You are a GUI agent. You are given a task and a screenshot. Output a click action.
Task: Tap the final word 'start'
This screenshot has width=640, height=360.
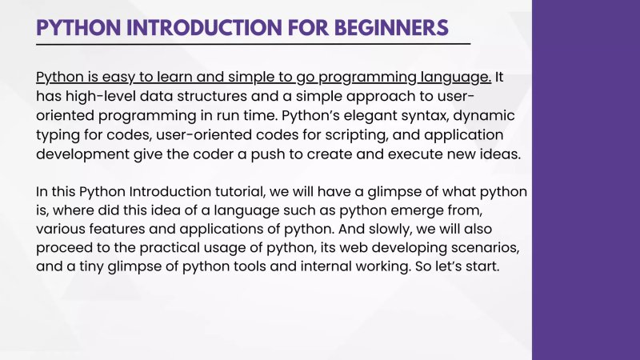480,270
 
